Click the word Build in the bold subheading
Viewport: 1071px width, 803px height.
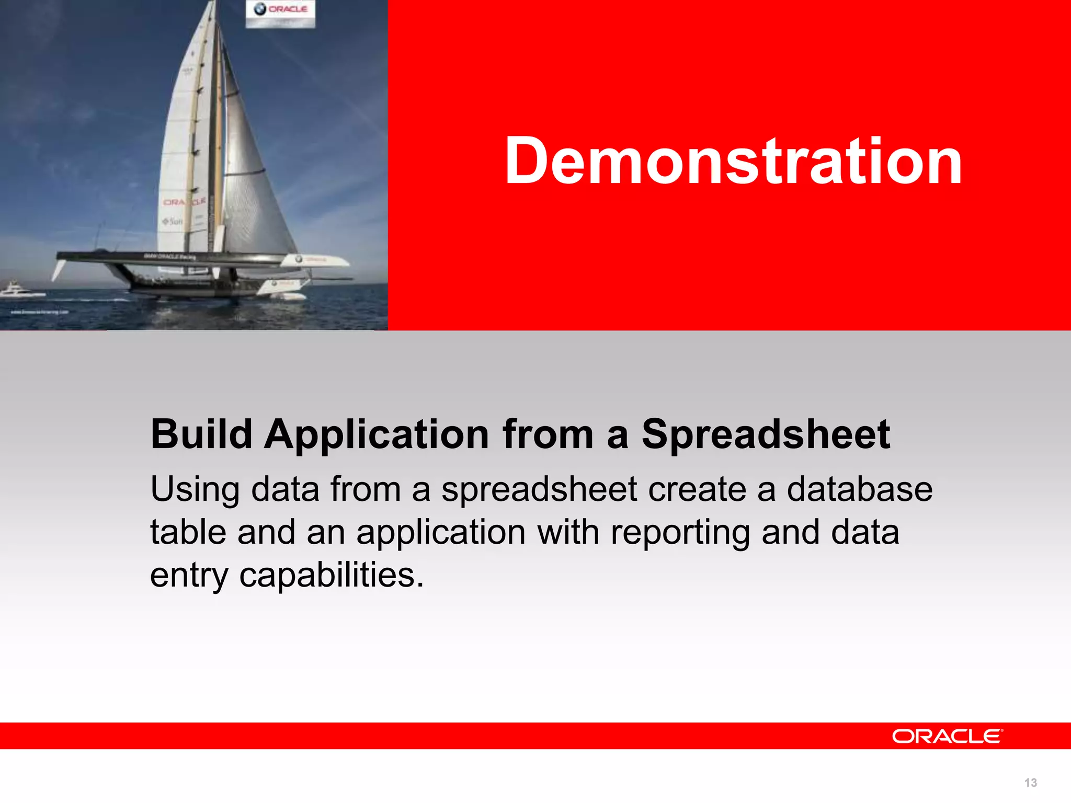[x=201, y=434]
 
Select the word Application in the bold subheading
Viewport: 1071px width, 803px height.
[x=377, y=435]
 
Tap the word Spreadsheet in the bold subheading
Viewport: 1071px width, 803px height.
[x=765, y=434]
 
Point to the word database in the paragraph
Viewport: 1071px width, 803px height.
[x=859, y=489]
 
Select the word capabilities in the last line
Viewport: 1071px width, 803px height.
[x=331, y=576]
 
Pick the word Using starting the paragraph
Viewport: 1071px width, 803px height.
[x=195, y=490]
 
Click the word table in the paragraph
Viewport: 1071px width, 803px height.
[x=188, y=532]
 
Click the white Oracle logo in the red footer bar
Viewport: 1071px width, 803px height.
[x=947, y=736]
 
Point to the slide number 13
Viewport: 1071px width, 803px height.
[x=1030, y=783]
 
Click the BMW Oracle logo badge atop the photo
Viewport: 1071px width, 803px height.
[x=281, y=13]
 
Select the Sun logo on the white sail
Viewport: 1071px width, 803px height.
[x=173, y=222]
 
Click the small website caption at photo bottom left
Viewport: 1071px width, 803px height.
[x=40, y=312]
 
